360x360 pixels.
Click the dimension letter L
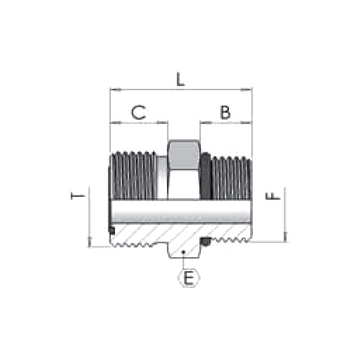(181, 79)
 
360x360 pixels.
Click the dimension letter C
(139, 112)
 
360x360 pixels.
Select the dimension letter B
(225, 112)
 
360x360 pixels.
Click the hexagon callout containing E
(189, 278)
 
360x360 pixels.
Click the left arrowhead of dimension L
(115, 89)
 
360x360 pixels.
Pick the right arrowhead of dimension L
(246, 89)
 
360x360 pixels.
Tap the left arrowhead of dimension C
(115, 123)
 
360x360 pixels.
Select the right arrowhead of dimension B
(246, 123)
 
